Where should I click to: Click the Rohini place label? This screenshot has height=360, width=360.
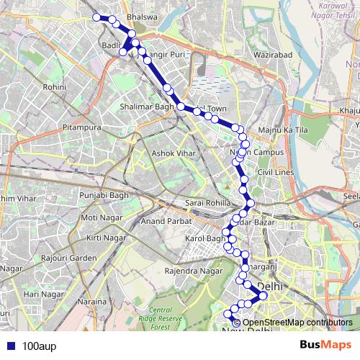coord(55,86)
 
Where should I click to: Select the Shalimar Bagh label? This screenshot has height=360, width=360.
coord(146,108)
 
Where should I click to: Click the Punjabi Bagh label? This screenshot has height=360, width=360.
coord(103,195)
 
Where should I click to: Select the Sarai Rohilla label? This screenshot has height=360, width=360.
coord(207,204)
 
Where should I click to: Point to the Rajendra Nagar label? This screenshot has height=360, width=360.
coord(194,271)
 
